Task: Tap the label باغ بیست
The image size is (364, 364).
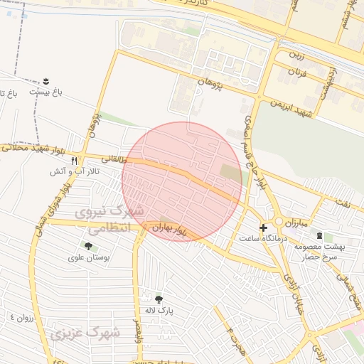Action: point(46,92)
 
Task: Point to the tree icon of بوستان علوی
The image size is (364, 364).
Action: point(88,246)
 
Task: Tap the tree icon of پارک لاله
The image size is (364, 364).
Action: point(159,299)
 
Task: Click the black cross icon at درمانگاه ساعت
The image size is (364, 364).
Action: point(263,227)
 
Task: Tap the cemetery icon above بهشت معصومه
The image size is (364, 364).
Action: point(319,235)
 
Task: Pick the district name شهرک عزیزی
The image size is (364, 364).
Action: point(78,333)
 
